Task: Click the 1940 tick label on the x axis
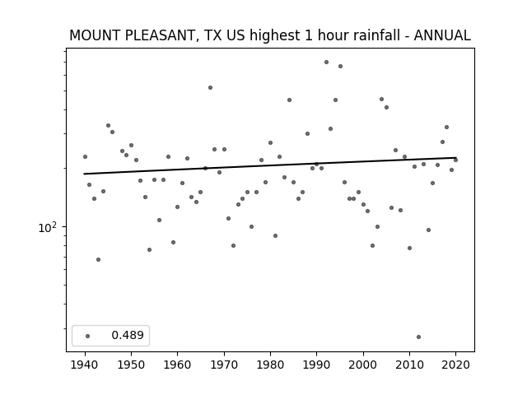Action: coord(85,365)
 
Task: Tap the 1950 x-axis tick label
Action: coord(132,365)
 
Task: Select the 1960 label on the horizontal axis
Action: coord(178,365)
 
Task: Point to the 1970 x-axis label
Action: coord(224,365)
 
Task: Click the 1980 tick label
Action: coord(270,365)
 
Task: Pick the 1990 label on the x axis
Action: coord(316,365)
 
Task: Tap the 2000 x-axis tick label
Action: coord(363,365)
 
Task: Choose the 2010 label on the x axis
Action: coord(409,365)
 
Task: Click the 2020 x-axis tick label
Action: coord(455,365)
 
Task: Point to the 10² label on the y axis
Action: coord(48,227)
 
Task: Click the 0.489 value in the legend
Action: coord(128,335)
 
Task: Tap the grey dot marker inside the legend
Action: coord(88,336)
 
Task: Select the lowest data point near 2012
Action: coord(418,337)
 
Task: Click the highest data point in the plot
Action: coord(326,63)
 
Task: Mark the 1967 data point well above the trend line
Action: coord(211,88)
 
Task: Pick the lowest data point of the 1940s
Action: coord(98,260)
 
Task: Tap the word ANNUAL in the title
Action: coord(442,35)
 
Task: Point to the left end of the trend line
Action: coord(84,174)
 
